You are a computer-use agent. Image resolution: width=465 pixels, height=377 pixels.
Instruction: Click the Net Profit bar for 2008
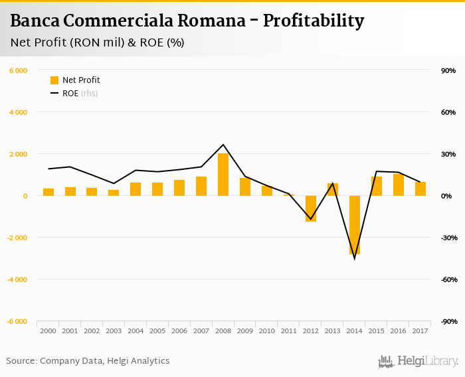click(x=223, y=175)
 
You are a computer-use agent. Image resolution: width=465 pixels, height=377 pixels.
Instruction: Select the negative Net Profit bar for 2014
click(x=355, y=225)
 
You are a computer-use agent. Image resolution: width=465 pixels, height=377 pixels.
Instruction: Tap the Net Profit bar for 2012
click(x=311, y=208)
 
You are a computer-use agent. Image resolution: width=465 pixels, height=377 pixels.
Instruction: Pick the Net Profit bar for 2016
click(x=399, y=185)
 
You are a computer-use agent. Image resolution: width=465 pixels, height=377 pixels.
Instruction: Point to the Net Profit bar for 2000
click(x=48, y=192)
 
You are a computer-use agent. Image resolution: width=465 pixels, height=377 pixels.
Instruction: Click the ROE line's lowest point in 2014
click(x=355, y=258)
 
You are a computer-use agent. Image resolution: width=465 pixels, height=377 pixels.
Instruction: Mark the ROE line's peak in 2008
click(x=223, y=145)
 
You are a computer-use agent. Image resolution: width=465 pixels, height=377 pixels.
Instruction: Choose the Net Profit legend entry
click(x=75, y=80)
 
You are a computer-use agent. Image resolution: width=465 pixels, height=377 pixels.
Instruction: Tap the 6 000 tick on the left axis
click(x=17, y=70)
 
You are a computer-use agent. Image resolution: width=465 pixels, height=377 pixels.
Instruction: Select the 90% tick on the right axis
click(x=447, y=70)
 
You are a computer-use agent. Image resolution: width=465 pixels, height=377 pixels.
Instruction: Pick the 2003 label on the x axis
click(x=114, y=330)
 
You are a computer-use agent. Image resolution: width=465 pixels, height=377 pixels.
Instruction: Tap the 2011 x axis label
click(x=289, y=330)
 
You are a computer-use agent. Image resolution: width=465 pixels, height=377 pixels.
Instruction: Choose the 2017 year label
click(x=420, y=330)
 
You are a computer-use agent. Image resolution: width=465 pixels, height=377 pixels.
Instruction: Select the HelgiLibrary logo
click(x=418, y=361)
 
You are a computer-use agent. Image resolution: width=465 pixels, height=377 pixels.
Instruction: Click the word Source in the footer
click(x=21, y=361)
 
